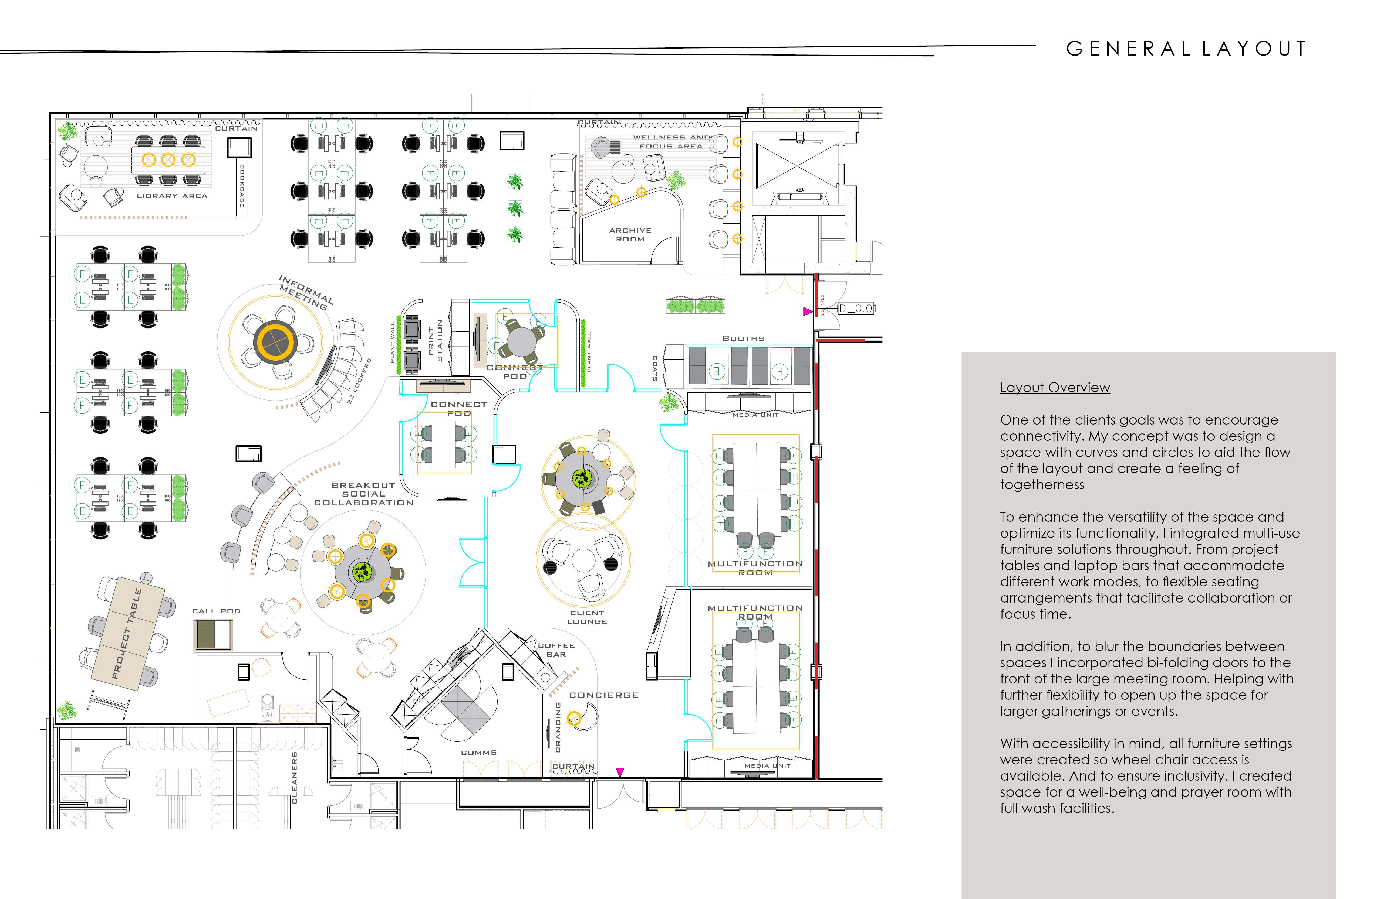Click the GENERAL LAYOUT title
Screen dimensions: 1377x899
1186,49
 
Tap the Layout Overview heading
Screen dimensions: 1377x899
1055,387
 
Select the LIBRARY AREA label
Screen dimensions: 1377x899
172,196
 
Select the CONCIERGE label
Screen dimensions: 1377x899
604,695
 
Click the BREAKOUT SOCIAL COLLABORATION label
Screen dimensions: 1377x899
364,494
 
